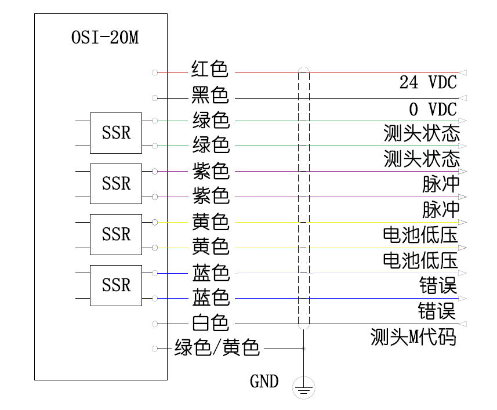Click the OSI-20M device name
point(105,39)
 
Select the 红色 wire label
point(210,70)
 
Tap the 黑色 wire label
point(210,95)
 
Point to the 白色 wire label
point(210,322)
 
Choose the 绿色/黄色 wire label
point(217,348)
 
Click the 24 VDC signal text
point(428,82)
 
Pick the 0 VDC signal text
point(433,108)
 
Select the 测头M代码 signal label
point(413,337)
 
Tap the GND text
point(264,382)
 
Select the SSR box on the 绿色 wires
point(116,133)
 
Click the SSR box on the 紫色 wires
point(116,184)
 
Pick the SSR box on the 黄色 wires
point(116,234)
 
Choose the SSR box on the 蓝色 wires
point(116,285)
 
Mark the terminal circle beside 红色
point(155,73)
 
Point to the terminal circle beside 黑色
point(155,98)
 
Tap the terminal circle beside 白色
point(155,324)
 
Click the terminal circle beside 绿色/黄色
point(155,349)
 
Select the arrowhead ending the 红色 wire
point(463,73)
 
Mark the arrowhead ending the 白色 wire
point(463,324)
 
